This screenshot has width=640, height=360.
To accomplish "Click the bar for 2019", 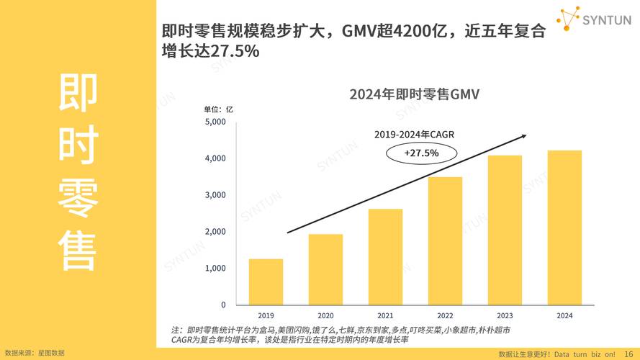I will (266, 282).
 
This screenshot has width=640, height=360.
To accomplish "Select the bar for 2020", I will (325, 269).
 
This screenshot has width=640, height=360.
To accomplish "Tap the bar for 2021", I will (385, 256).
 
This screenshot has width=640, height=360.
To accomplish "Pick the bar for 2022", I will (445, 240).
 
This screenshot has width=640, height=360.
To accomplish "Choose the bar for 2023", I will (505, 230).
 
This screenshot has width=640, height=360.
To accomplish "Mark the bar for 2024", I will (564, 228).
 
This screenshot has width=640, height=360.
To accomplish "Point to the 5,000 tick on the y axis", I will (215, 122).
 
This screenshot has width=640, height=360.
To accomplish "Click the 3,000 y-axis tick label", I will (215, 195).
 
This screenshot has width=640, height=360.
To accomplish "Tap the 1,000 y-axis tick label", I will (215, 269).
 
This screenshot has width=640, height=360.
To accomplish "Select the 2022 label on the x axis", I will (445, 315).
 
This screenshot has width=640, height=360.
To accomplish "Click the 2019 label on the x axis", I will (266, 315).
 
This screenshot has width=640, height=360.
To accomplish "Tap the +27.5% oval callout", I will (421, 153).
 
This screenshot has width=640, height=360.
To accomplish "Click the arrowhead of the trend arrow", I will (524, 135).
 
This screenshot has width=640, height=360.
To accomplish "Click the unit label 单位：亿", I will (219, 109).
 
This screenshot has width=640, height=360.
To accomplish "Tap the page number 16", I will (629, 354).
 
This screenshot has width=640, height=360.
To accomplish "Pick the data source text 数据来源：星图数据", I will (35, 353).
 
